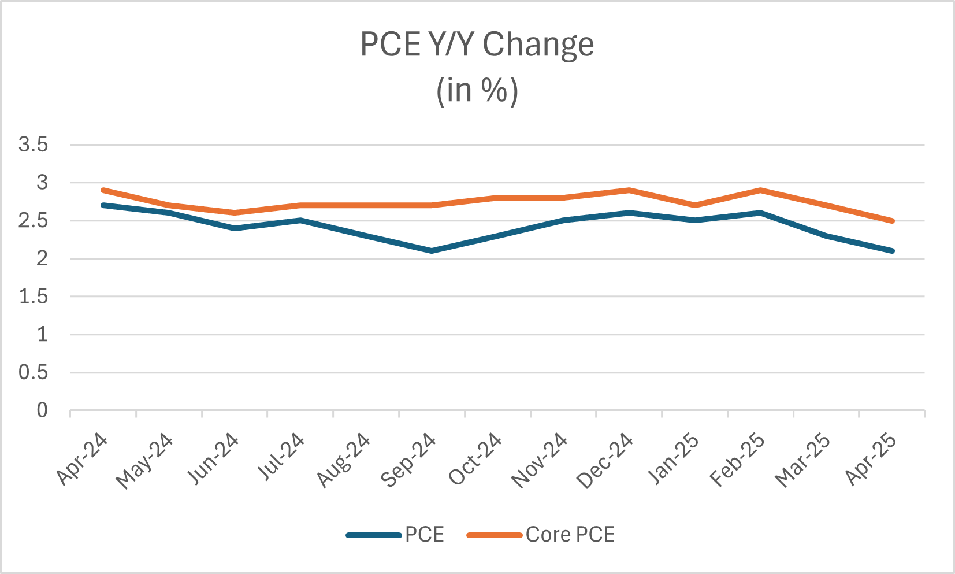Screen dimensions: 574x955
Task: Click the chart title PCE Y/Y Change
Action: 477,45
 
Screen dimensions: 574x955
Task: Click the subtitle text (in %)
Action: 477,91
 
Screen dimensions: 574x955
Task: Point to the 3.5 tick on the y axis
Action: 33,145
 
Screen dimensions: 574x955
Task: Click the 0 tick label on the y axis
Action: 42,410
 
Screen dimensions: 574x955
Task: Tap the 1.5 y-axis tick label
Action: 33,297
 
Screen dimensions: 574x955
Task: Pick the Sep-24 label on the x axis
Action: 409,460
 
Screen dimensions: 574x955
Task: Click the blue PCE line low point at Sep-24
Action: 432,251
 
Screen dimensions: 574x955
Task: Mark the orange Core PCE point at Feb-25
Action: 760,190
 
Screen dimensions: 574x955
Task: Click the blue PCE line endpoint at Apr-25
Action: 892,251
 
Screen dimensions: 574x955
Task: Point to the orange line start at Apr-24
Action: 103,190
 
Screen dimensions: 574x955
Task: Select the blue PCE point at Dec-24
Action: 629,213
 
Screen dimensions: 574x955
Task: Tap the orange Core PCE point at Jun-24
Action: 235,213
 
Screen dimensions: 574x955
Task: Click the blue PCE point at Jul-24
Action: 300,220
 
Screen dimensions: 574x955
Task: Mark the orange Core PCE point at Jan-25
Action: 695,205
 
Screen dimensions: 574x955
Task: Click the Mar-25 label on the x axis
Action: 803,460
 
